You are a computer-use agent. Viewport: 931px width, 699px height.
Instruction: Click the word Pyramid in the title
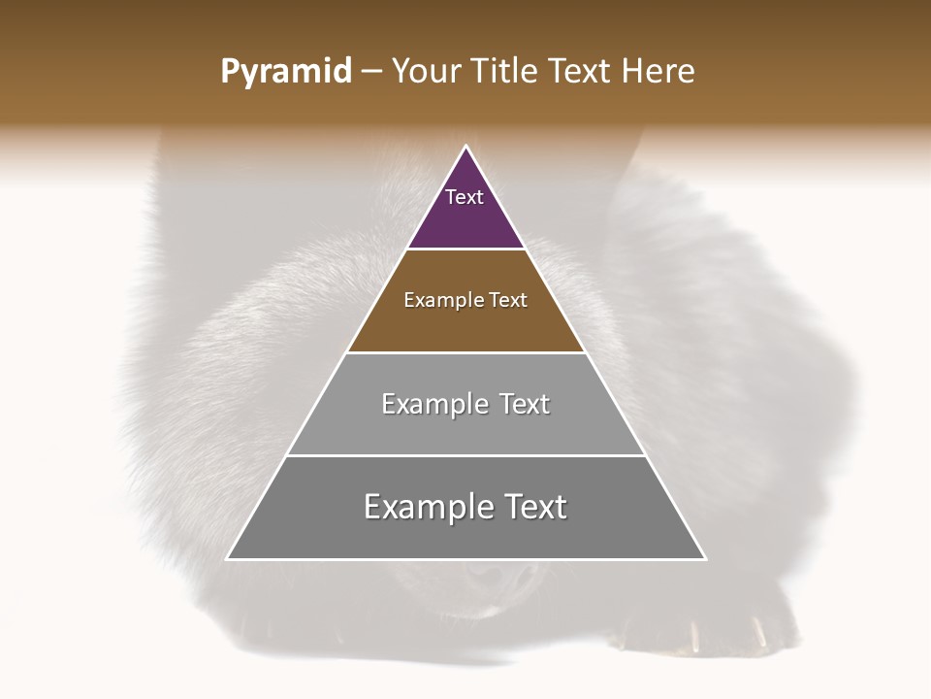(286, 72)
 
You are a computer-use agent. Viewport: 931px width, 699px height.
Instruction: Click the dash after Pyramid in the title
(371, 72)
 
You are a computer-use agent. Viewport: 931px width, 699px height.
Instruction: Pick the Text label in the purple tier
(465, 197)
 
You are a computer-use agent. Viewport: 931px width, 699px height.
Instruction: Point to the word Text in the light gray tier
(525, 404)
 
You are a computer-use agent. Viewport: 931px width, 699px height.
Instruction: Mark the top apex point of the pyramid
(466, 147)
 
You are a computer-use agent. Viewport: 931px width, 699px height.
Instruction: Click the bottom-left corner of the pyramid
(228, 559)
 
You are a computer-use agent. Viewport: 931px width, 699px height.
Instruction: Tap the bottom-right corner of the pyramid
(705, 559)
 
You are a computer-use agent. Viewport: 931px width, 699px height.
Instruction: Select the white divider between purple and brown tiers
(466, 249)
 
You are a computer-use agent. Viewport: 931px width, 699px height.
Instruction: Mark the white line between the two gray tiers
(466, 455)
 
